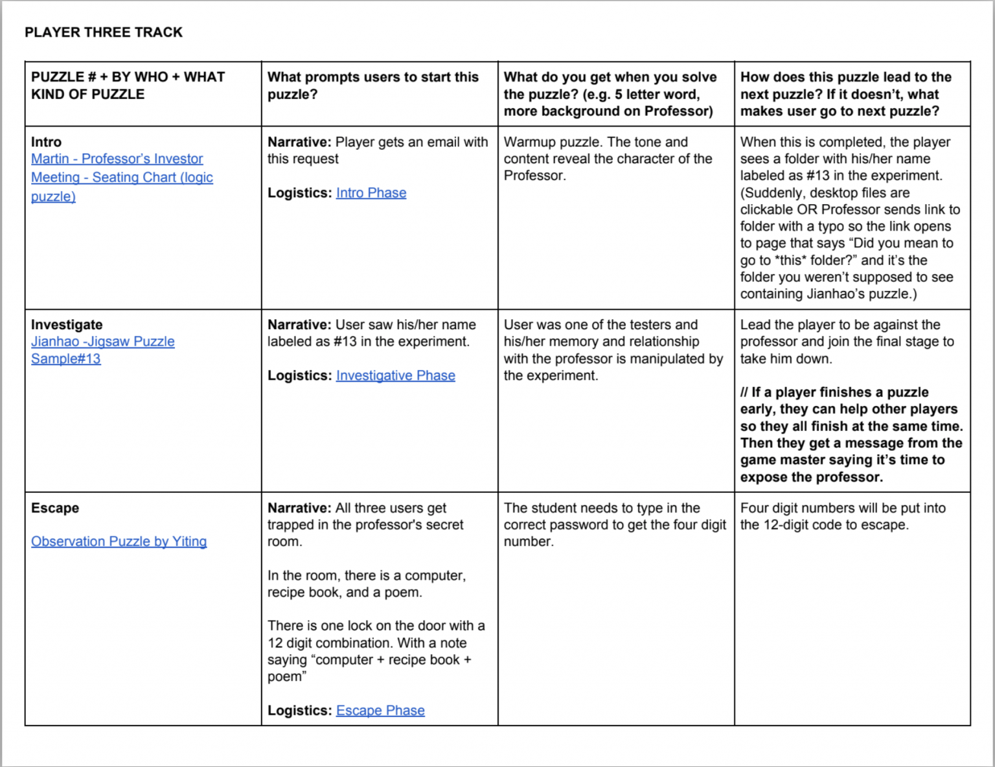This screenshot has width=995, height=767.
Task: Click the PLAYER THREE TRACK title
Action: click(x=104, y=32)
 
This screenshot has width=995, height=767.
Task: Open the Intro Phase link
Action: click(x=371, y=193)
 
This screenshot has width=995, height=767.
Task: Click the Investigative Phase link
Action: click(x=395, y=376)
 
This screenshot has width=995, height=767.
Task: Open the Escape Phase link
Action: click(x=380, y=711)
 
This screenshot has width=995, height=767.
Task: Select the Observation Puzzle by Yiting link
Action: click(x=119, y=542)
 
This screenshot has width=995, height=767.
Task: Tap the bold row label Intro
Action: click(x=46, y=142)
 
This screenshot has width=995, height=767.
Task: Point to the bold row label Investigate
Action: click(x=67, y=325)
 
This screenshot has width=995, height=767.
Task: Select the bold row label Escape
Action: click(x=55, y=508)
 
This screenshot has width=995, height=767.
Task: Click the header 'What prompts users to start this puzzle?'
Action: click(x=372, y=86)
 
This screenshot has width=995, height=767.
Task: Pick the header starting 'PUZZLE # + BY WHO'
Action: click(x=128, y=86)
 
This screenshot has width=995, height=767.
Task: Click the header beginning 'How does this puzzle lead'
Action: click(x=845, y=94)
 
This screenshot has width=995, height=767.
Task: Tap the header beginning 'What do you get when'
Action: click(x=610, y=94)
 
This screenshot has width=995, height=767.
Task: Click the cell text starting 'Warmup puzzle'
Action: click(x=608, y=159)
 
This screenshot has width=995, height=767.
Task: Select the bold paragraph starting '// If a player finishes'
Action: click(x=851, y=435)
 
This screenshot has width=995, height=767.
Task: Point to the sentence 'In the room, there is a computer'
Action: click(x=366, y=584)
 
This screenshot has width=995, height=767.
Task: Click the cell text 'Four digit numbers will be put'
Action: click(x=842, y=516)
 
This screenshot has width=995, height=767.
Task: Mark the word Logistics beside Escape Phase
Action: click(x=299, y=711)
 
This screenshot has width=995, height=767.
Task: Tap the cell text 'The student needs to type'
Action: click(x=614, y=525)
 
